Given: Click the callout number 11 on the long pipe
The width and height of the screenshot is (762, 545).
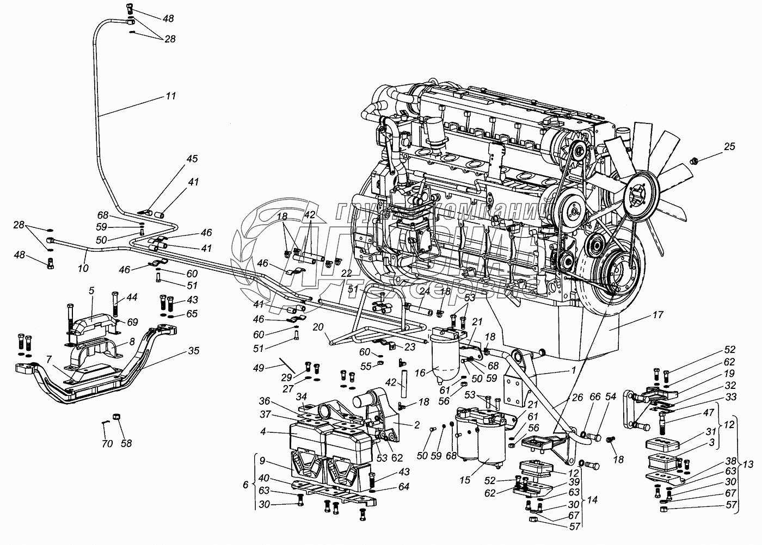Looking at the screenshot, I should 171,96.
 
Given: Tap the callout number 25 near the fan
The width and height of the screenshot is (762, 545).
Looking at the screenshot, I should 729,146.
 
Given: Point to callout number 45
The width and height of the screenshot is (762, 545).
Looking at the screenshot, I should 192,159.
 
